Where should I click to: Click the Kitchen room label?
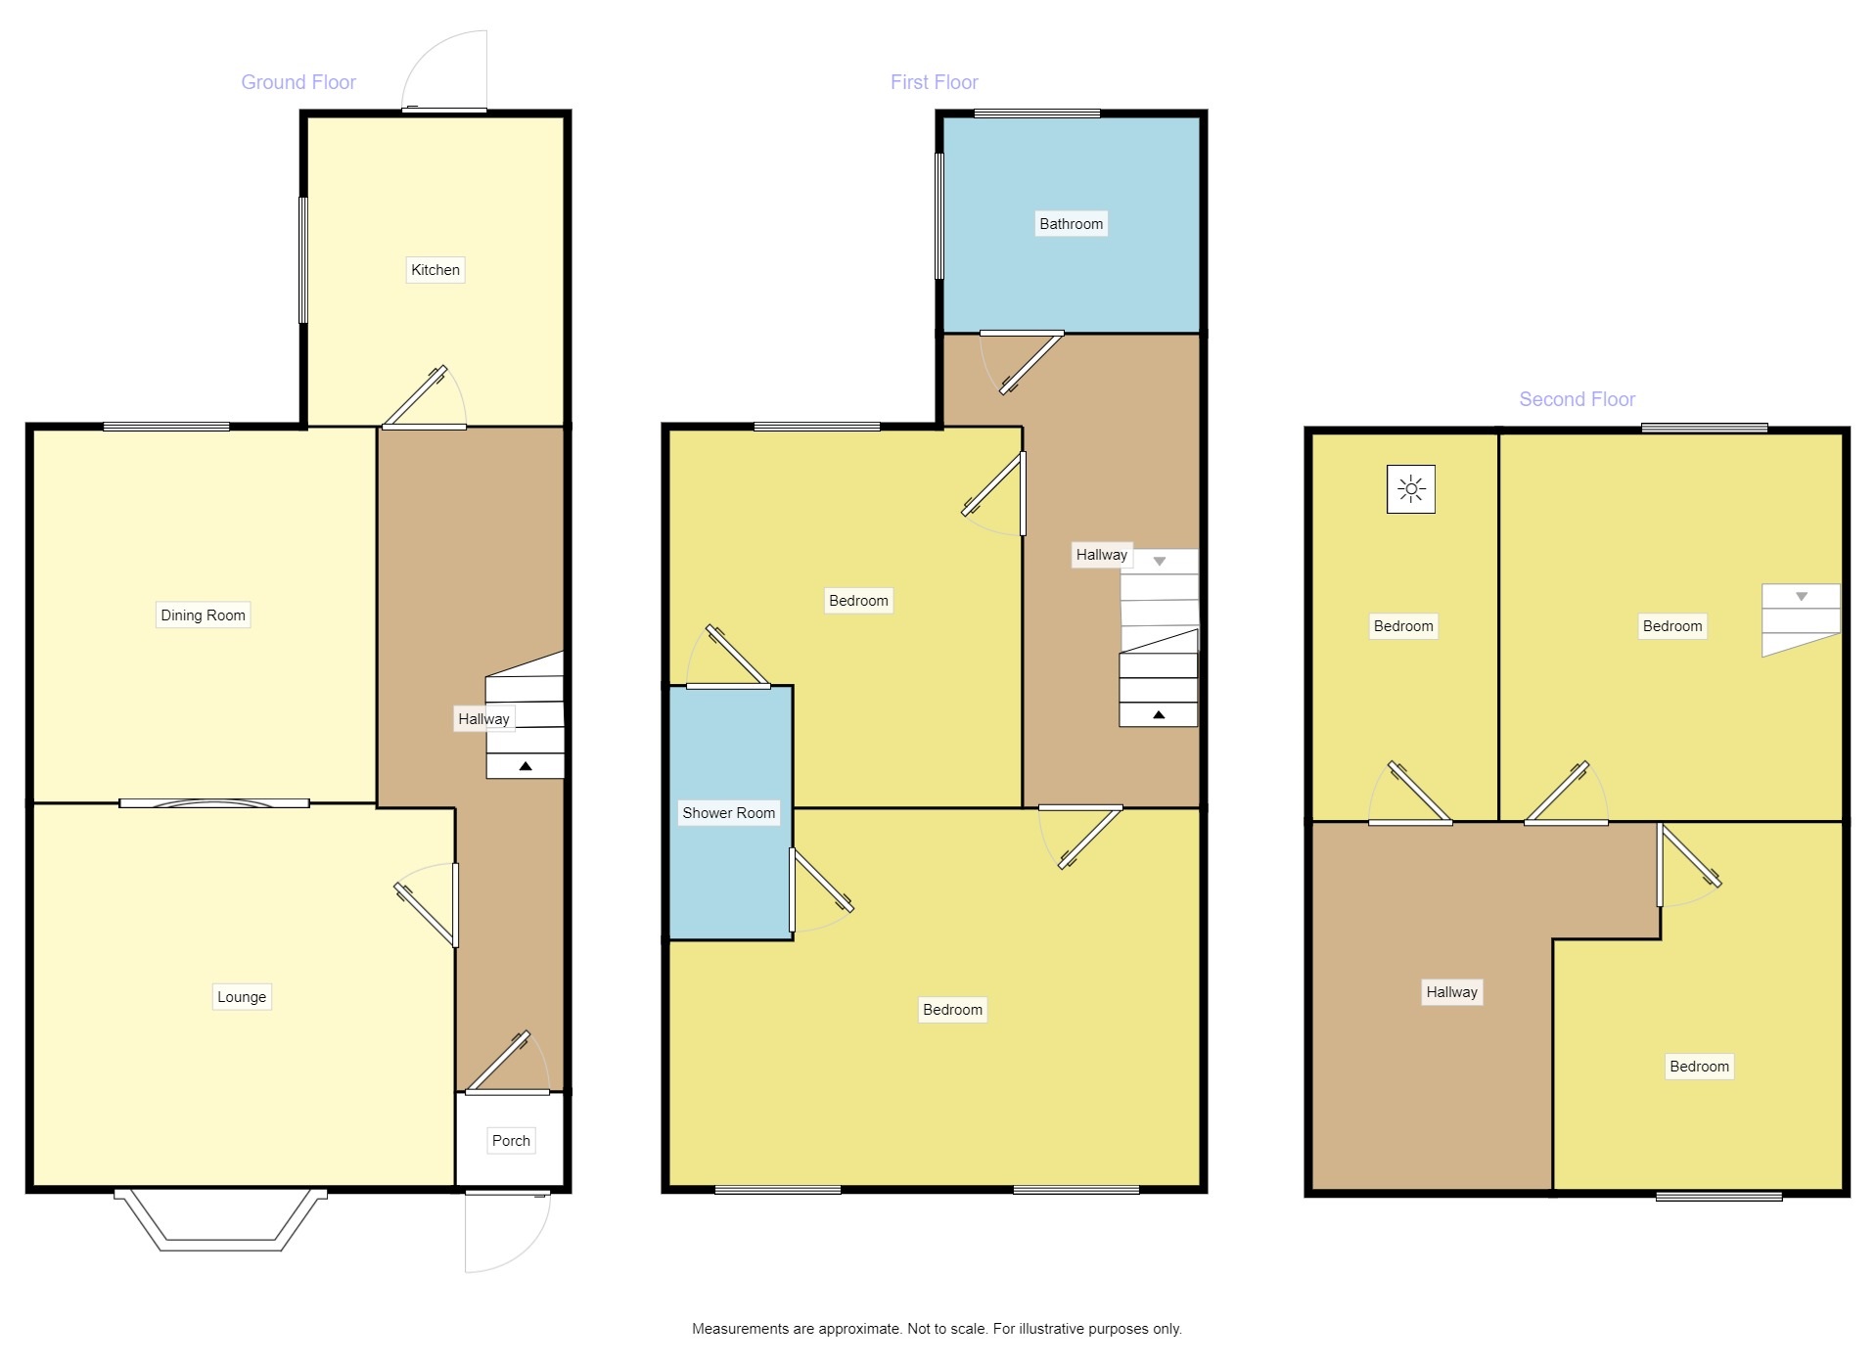[435, 270]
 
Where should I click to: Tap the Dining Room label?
[203, 615]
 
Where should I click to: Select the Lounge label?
[242, 997]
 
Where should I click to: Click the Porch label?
[511, 1141]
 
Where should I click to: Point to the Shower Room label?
[728, 813]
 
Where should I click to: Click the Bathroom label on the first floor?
[1071, 224]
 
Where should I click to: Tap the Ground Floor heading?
[298, 83]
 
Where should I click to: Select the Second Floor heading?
[1577, 399]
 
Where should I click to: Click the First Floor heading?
[934, 83]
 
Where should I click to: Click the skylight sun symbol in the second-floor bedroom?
[1410, 489]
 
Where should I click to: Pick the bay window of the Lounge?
[220, 1223]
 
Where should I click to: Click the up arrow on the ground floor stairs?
[526, 766]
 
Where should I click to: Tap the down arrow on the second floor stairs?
[1801, 597]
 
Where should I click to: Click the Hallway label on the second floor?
[1451, 992]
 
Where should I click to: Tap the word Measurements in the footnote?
[741, 1329]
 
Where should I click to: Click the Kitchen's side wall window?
[303, 260]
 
